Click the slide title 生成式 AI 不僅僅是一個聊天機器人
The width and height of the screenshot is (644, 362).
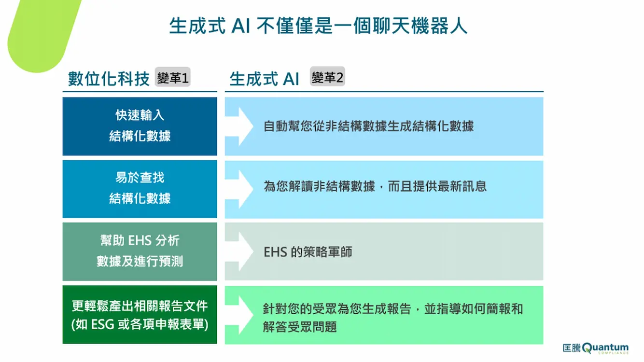point(318,26)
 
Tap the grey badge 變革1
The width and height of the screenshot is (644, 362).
point(172,77)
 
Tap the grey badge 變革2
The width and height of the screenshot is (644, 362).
point(327,76)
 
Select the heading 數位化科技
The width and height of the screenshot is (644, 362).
point(109,79)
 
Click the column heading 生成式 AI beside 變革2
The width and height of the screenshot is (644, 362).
point(264,79)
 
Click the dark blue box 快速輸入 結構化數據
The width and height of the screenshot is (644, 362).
point(140,126)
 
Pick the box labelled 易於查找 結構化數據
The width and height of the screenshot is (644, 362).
point(140,189)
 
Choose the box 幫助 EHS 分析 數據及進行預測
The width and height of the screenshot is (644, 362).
point(140,251)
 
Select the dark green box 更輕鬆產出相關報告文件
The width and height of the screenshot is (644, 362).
point(140,315)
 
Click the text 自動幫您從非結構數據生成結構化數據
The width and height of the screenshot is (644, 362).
point(368,126)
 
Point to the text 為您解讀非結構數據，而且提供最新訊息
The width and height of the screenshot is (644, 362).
point(375,186)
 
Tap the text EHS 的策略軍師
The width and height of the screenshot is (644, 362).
point(308,252)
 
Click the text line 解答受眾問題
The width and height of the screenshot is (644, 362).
point(300,327)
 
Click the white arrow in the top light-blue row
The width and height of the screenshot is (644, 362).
point(239,126)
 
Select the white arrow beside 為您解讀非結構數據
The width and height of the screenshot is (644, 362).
point(239,189)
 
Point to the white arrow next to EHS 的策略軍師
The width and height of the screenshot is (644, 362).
point(239,251)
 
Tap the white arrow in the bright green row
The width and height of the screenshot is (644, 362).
point(239,315)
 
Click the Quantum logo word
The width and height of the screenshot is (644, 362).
point(605,348)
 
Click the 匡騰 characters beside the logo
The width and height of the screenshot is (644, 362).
point(572,348)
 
